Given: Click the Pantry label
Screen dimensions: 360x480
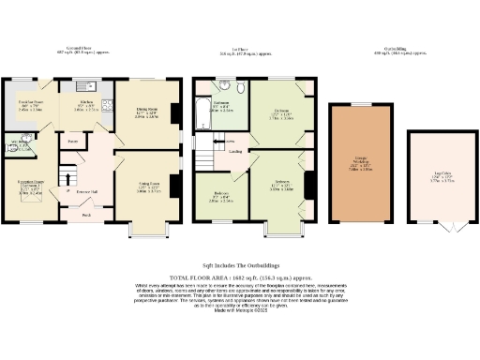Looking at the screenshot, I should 71,142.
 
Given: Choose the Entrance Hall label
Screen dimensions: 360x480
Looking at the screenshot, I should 86,190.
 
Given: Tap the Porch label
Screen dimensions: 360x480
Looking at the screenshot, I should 85,215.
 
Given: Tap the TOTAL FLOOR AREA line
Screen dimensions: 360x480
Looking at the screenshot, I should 240,279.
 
